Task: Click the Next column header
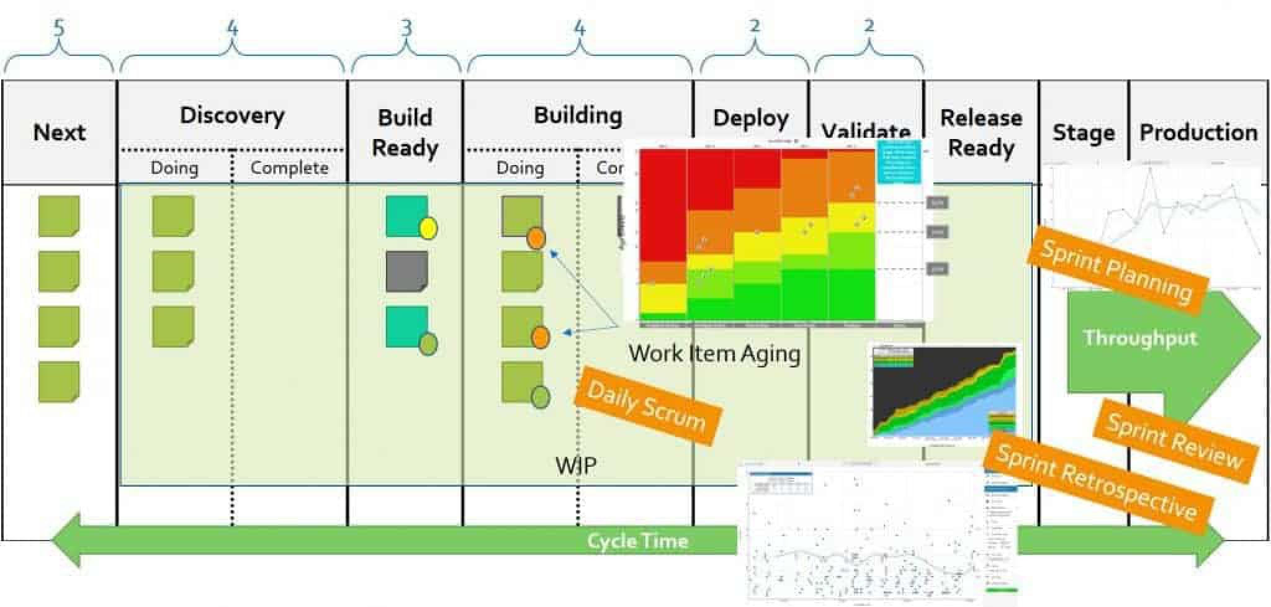coord(59,132)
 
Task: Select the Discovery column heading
coord(232,115)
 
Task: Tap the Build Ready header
coord(405,132)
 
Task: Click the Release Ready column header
coord(981,132)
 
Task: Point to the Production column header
coord(1198,132)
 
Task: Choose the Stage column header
coord(1083,132)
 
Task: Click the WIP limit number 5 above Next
coord(58,28)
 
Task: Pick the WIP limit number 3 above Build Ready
coord(406,28)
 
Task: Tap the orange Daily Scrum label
coord(647,406)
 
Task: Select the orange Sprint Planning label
coord(1116,271)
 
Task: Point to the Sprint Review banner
coord(1174,441)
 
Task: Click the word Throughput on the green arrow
coord(1139,338)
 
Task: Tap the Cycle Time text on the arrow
coord(637,541)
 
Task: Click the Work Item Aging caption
coord(714,354)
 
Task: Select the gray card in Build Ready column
coord(406,271)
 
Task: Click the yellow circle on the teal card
coord(428,228)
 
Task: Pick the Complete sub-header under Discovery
coord(289,168)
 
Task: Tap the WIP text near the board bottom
coord(576,465)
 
